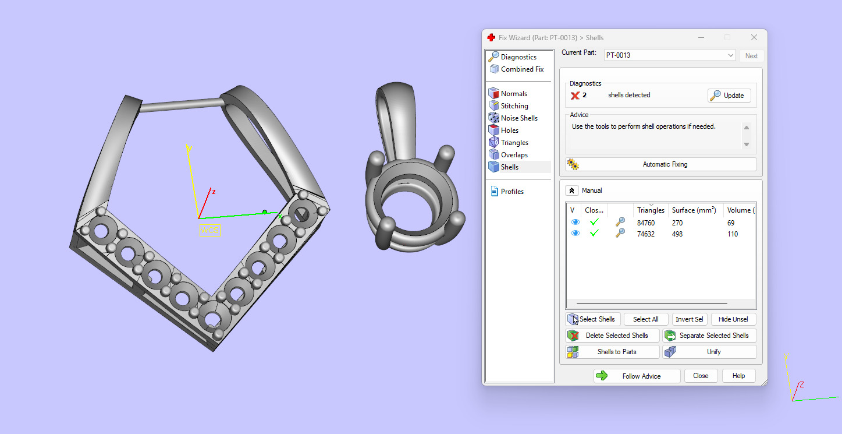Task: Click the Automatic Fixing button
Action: [x=660, y=164]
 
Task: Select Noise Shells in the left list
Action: [x=519, y=118]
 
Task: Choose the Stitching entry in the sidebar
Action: [x=514, y=106]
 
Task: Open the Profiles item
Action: [x=512, y=192]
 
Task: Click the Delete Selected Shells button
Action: [x=612, y=336]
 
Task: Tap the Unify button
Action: [x=709, y=352]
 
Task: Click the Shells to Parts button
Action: [x=612, y=352]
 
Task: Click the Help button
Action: [x=738, y=376]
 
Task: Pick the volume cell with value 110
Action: [x=732, y=234]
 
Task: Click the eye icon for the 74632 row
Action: [x=575, y=234]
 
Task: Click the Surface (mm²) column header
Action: [x=694, y=210]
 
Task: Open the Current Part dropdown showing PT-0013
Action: [x=670, y=55]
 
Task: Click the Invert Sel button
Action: [x=689, y=319]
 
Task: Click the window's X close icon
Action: [x=754, y=37]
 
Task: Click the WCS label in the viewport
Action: [x=210, y=230]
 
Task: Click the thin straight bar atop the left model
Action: [x=182, y=105]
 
